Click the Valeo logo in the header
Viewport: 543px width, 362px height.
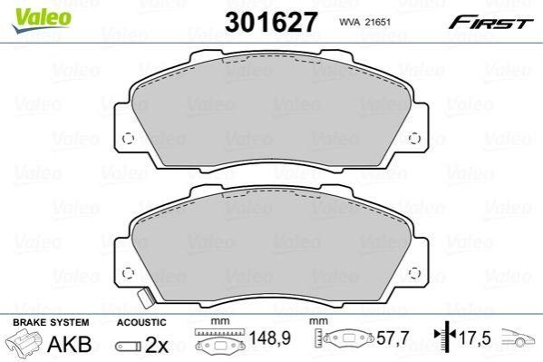coord(41,20)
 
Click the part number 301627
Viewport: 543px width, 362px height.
coord(271,22)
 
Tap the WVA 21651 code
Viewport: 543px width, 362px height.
coord(364,22)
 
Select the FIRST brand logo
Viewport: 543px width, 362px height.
coord(490,23)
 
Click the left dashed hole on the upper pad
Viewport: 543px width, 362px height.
coord(128,138)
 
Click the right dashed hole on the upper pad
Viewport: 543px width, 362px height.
coord(414,138)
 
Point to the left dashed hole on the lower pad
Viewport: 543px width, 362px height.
coord(128,273)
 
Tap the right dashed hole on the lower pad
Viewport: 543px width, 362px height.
coord(414,273)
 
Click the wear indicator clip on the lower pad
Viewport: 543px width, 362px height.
coord(144,298)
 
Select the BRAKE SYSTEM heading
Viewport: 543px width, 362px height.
coord(51,322)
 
